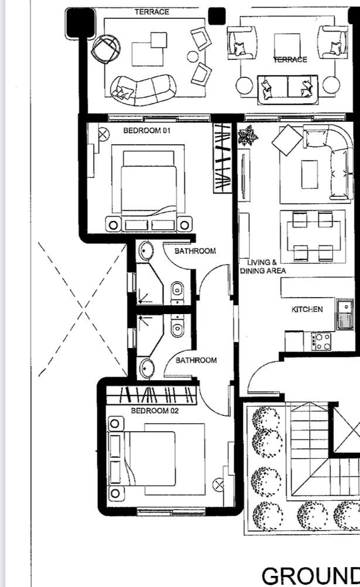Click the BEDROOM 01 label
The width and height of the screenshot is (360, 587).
pyautogui.click(x=147, y=131)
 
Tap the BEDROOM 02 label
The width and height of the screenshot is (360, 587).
pyautogui.click(x=155, y=411)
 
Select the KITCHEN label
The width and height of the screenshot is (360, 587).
pyautogui.click(x=307, y=309)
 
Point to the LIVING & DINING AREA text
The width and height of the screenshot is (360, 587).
pyautogui.click(x=263, y=267)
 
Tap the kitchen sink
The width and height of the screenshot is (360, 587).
pyautogui.click(x=345, y=314)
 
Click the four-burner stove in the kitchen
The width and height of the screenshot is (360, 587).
pyautogui.click(x=321, y=342)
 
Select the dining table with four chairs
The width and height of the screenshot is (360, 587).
pyautogui.click(x=313, y=236)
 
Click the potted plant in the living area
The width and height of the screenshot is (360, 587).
pyautogui.click(x=248, y=135)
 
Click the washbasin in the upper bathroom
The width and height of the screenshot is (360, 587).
pyautogui.click(x=146, y=250)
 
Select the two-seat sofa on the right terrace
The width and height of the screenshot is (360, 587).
pyautogui.click(x=287, y=89)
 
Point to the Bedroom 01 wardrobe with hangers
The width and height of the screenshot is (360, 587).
pyautogui.click(x=222, y=158)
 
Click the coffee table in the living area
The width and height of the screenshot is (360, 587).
pyautogui.click(x=310, y=175)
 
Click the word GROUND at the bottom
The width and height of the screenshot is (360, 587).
pyautogui.click(x=311, y=576)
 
